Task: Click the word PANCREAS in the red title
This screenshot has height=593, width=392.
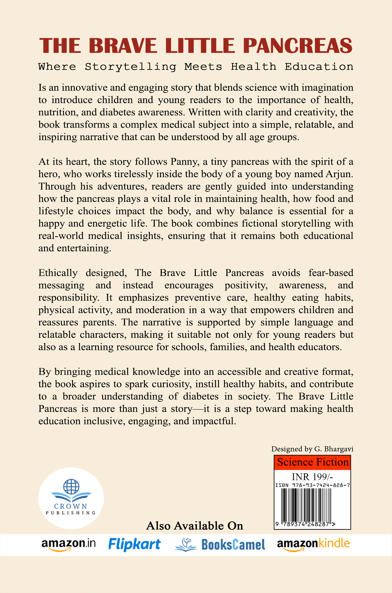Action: [297, 46]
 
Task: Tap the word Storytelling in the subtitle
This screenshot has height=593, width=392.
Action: [130, 67]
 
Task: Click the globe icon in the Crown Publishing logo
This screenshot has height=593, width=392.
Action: [71, 486]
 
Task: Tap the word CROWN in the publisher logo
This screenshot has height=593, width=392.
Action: [71, 506]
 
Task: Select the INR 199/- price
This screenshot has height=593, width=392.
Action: [312, 477]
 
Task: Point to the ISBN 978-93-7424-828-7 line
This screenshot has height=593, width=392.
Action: [312, 485]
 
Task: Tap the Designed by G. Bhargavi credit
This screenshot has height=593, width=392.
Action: [312, 449]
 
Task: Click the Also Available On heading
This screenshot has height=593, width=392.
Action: [195, 526]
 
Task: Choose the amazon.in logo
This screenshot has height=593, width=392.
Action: [69, 544]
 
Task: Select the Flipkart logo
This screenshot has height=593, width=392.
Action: [134, 544]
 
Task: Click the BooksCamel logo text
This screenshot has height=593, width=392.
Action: [233, 545]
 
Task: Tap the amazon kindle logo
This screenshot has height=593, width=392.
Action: [313, 544]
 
